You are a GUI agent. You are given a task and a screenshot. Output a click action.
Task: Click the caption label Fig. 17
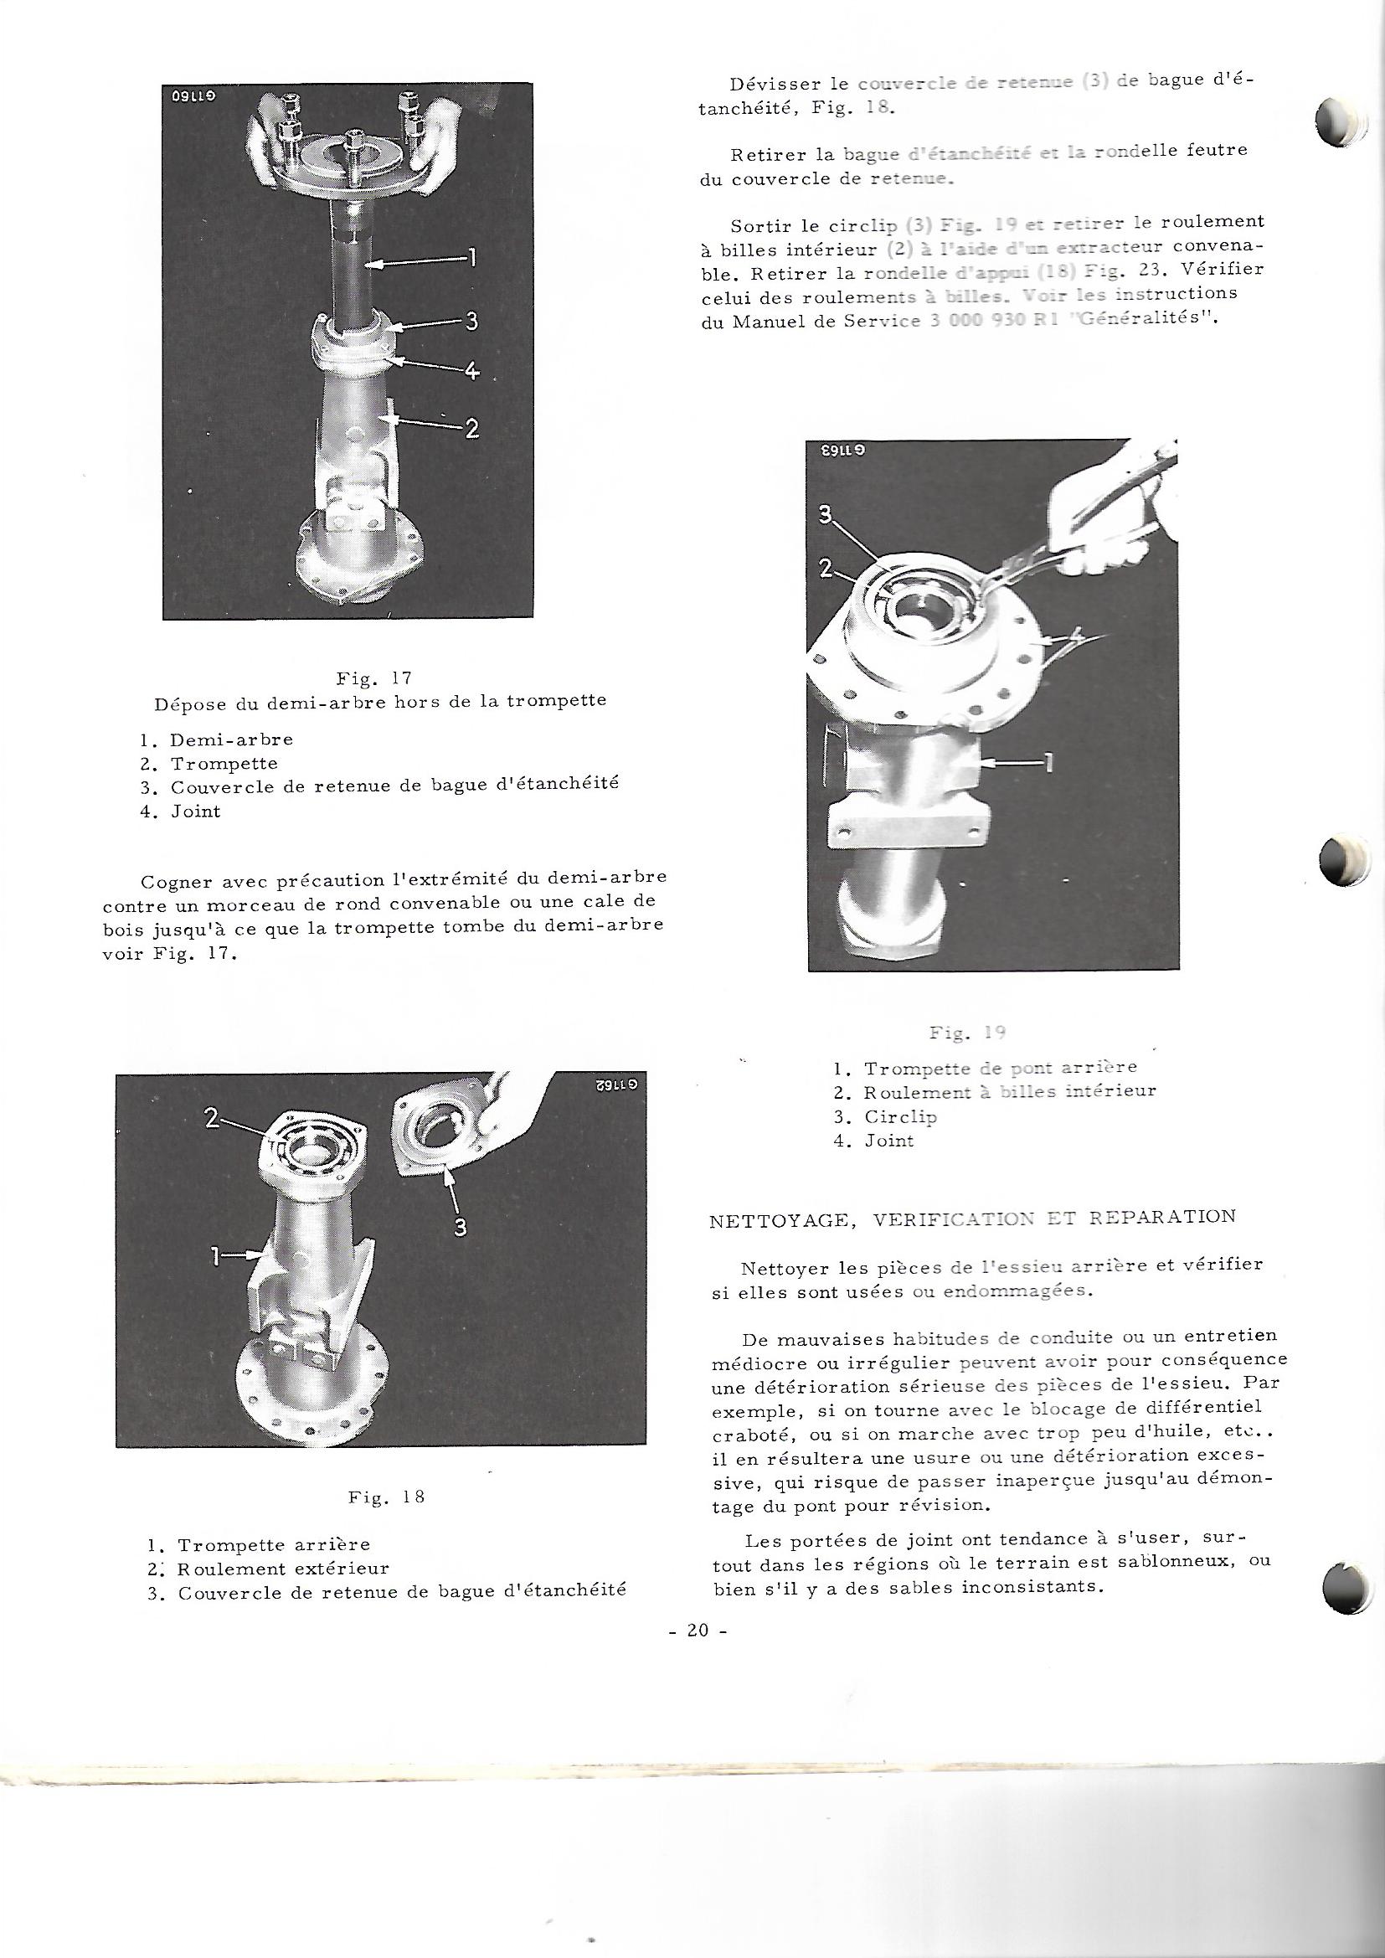(373, 679)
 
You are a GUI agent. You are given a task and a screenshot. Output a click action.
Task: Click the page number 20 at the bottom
(698, 1630)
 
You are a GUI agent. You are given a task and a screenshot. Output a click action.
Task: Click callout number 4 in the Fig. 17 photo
(471, 371)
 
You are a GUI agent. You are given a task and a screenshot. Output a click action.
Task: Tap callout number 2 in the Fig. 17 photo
(471, 428)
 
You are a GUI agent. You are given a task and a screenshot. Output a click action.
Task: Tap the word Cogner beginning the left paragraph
(183, 878)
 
